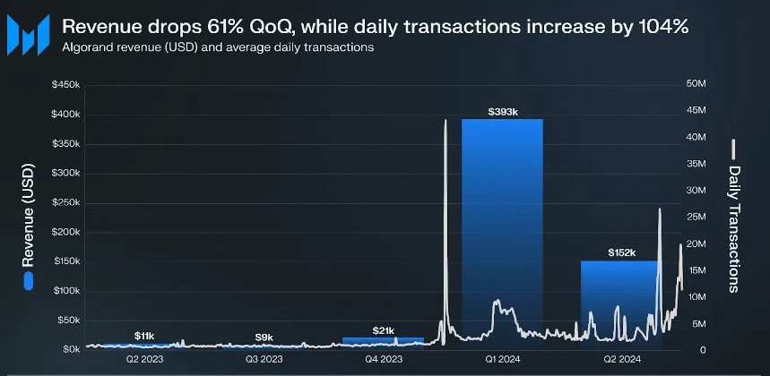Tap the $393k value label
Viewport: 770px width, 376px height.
502,112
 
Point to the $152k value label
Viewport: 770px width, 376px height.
621,253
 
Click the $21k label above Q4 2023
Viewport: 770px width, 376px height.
383,330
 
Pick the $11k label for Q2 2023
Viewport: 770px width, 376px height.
144,336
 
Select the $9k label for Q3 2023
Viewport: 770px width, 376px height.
264,337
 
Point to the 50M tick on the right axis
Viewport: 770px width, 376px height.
696,84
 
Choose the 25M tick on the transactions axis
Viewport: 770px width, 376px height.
696,217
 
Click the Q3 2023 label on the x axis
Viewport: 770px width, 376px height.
264,359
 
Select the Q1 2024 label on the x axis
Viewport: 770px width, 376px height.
502,359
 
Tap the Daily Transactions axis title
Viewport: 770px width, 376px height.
734,228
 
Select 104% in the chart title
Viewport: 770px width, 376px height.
664,27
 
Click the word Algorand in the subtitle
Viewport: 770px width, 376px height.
88,47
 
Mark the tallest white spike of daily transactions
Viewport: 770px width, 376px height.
446,122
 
